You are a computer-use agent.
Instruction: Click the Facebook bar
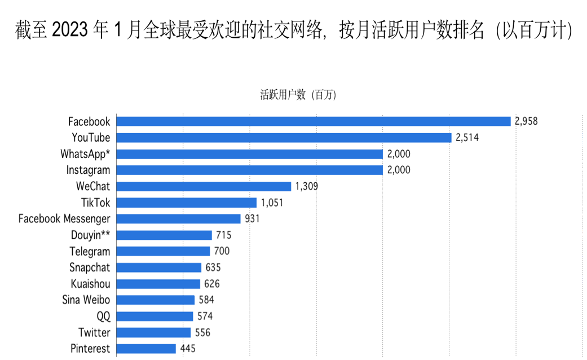point(313,121)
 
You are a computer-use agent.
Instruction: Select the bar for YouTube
point(284,138)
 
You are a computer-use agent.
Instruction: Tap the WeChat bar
point(204,186)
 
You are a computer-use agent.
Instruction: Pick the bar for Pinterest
point(146,349)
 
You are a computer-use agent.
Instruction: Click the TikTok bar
point(186,203)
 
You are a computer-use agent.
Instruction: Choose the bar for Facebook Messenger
point(178,219)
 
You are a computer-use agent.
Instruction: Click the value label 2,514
point(467,138)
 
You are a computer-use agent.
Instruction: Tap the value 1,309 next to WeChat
point(307,186)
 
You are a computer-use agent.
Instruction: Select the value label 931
point(252,219)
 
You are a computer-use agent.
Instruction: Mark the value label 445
point(188,349)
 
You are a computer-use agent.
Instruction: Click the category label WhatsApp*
point(85,154)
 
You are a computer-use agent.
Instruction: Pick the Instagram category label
point(88,170)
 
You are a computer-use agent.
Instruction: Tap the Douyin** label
point(90,235)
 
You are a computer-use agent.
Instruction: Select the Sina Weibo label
point(86,300)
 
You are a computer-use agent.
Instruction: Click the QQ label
point(103,317)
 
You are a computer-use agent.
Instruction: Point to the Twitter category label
point(94,333)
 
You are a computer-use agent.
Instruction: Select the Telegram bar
point(163,252)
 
